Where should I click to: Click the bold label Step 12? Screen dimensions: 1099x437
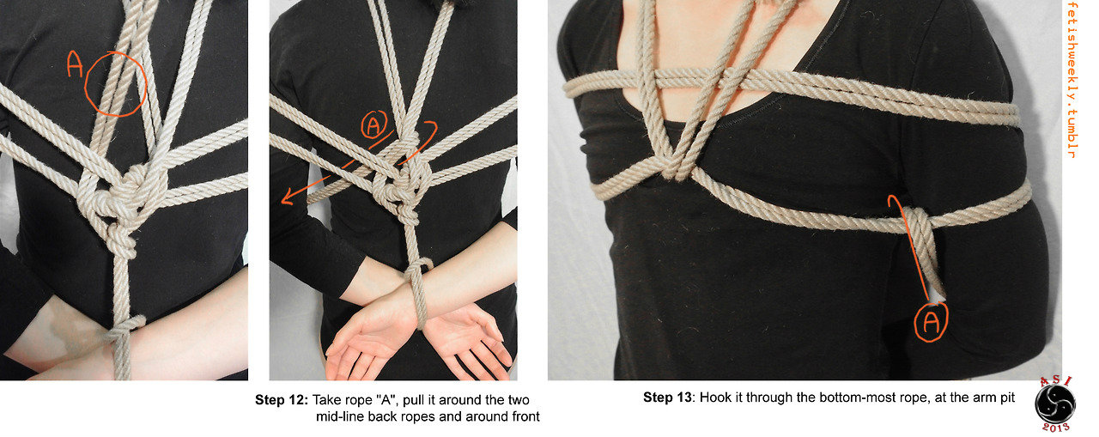[x=282, y=400]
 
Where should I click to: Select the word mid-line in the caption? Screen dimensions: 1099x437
[x=340, y=417]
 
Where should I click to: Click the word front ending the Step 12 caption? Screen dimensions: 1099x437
[x=526, y=417]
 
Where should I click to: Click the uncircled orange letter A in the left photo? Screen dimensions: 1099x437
[x=75, y=64]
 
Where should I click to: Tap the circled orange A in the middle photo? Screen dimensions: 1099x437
[x=373, y=125]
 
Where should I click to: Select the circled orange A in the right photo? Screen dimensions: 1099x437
[x=932, y=322]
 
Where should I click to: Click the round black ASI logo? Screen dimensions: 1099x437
[x=1054, y=404]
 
